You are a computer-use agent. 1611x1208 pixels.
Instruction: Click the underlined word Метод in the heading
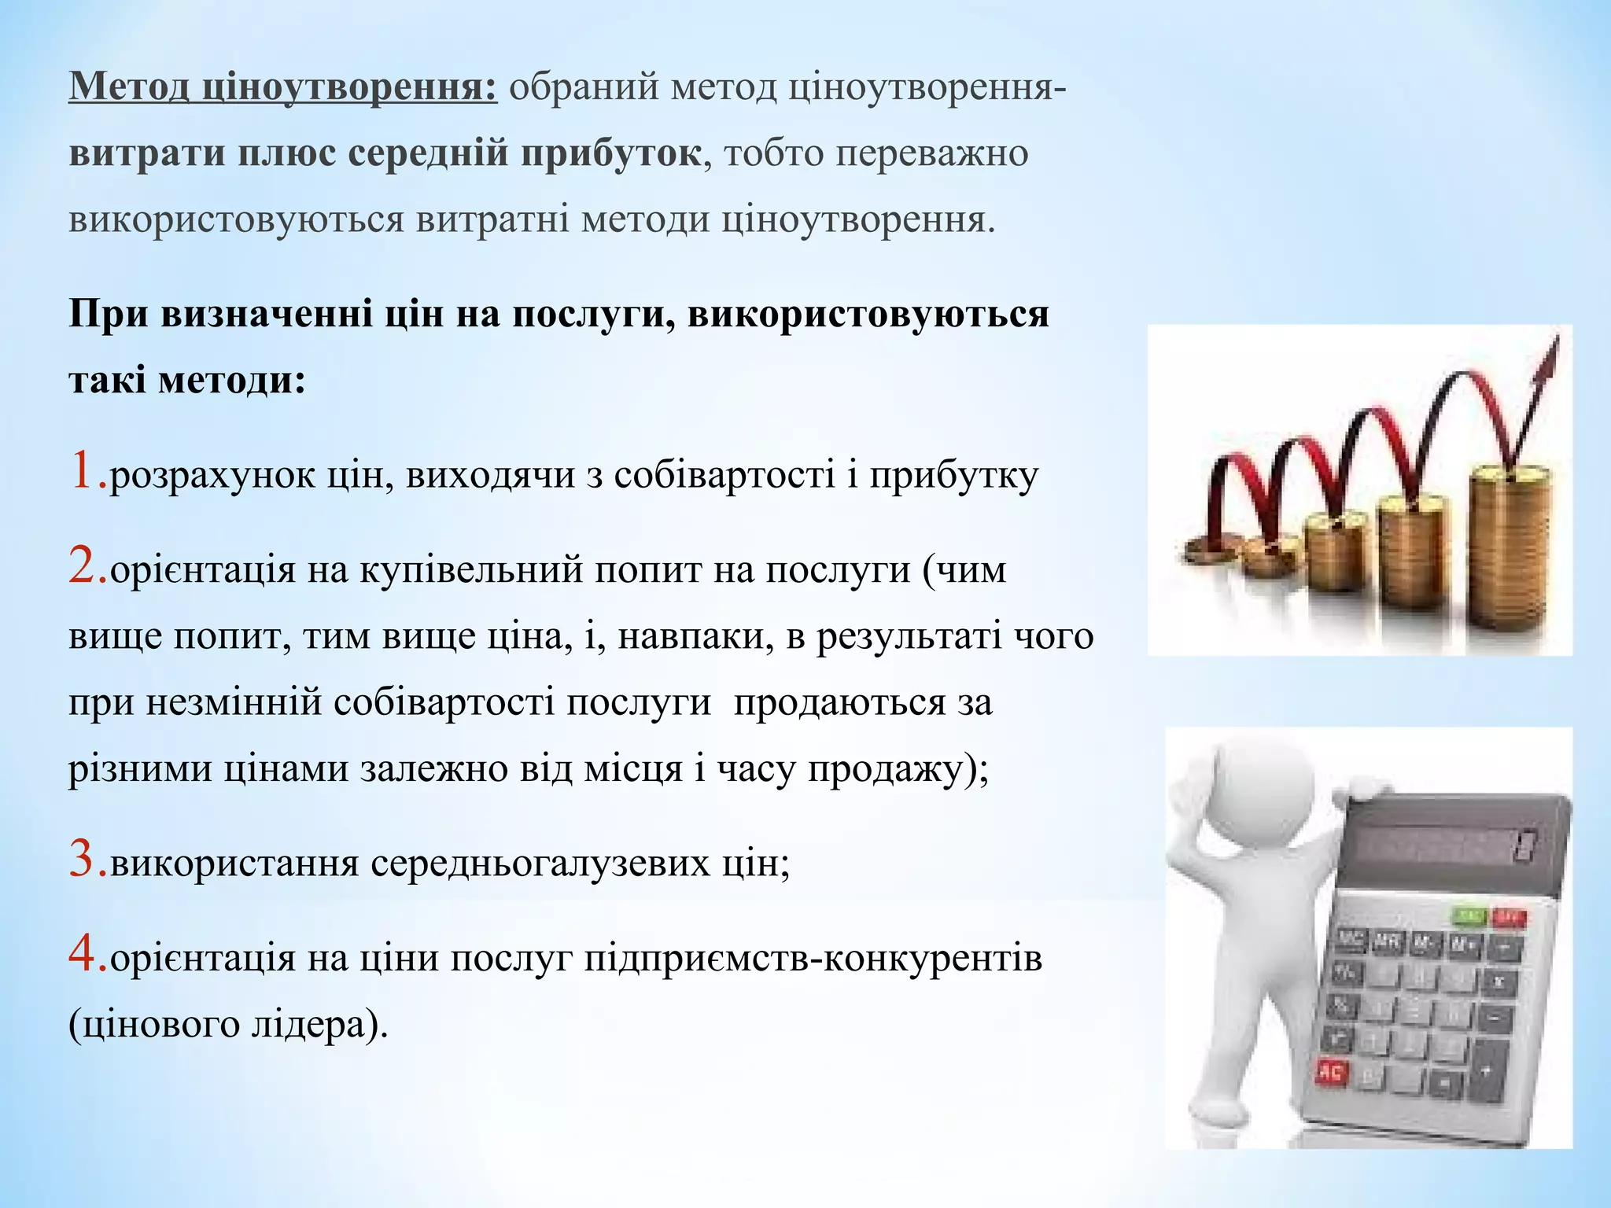pos(128,87)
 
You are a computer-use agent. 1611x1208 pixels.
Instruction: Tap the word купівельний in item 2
pos(471,569)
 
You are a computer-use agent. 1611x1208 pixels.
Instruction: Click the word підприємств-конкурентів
pos(813,959)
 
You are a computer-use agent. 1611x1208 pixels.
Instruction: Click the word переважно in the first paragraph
pos(931,153)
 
